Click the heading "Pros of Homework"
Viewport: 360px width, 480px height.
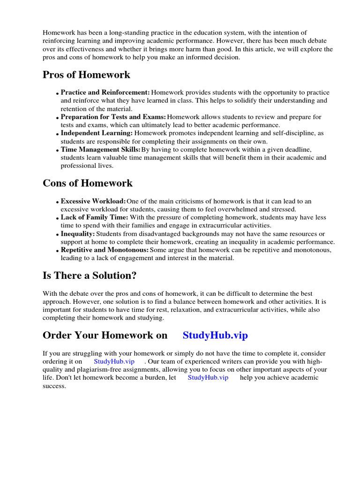pos(86,75)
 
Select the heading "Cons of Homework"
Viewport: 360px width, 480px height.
pos(88,183)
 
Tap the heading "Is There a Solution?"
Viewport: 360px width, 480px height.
pos(90,276)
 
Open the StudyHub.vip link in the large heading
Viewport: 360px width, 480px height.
pos(215,335)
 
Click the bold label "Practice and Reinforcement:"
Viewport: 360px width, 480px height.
pos(105,92)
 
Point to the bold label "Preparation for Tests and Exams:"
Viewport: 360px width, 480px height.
pos(113,117)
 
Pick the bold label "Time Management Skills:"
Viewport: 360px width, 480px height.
pos(101,149)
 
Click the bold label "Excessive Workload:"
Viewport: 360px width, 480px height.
pos(93,201)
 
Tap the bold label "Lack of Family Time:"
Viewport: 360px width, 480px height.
pos(94,217)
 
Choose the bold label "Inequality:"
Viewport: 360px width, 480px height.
pos(78,233)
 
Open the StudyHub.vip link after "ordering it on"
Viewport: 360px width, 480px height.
pos(114,361)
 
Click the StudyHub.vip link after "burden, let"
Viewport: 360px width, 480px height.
pos(208,377)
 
